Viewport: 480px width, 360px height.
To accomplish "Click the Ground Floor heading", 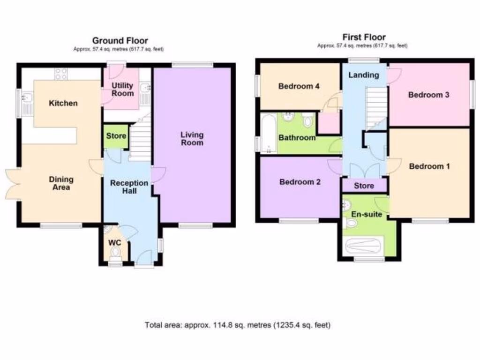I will pyautogui.click(x=120, y=41).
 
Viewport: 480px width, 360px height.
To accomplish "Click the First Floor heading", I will pyautogui.click(x=364, y=37).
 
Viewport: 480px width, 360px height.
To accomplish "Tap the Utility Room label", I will pyautogui.click(x=122, y=89).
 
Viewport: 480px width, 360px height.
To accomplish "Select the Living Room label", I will pyautogui.click(x=192, y=139).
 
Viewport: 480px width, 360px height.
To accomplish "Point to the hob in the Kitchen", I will pyautogui.click(x=61, y=74).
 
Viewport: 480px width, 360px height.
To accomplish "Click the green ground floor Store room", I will pyautogui.click(x=116, y=136).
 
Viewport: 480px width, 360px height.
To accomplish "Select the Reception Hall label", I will pyautogui.click(x=129, y=187).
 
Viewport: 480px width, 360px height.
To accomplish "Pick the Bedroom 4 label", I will pyautogui.click(x=299, y=86).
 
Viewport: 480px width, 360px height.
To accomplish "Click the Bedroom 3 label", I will pyautogui.click(x=428, y=95).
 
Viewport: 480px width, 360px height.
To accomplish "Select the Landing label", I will pyautogui.click(x=364, y=75).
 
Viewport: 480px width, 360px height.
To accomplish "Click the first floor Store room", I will pyautogui.click(x=364, y=186).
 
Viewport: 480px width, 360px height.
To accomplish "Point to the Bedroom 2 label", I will pyautogui.click(x=300, y=182).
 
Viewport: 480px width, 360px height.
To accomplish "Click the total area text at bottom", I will pyautogui.click(x=238, y=324).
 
